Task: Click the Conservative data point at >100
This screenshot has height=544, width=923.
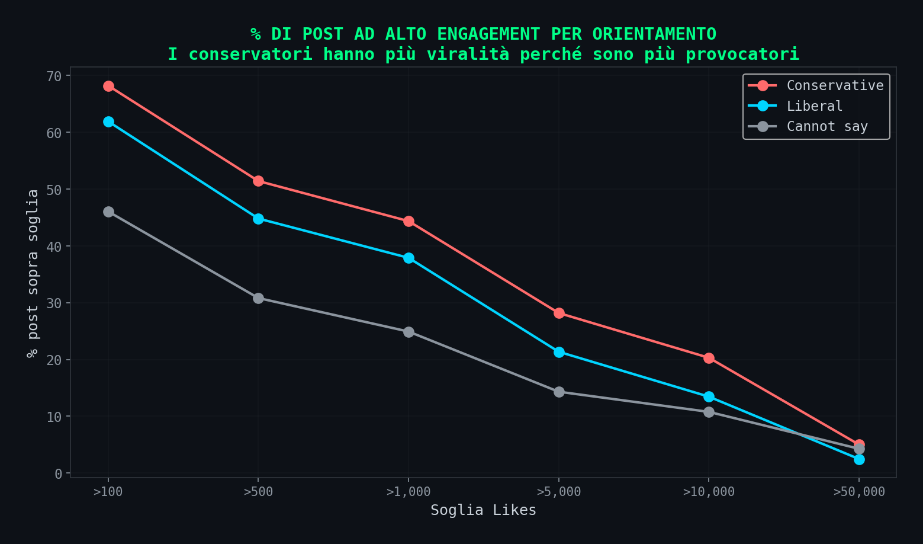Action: click(108, 87)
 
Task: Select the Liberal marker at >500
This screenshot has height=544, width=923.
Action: click(258, 219)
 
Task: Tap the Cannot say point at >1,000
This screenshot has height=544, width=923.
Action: click(409, 332)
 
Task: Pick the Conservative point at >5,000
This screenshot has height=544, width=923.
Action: click(559, 313)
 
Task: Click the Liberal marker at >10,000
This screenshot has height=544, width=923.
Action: click(709, 396)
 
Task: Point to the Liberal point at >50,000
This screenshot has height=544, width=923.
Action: click(859, 459)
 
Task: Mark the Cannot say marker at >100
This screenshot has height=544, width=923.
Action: click(108, 212)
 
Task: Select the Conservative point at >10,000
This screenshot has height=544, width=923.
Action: click(709, 358)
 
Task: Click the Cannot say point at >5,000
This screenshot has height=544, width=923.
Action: click(559, 392)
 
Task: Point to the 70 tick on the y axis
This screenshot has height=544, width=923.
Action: click(54, 76)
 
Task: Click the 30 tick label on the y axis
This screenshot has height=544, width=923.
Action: click(54, 303)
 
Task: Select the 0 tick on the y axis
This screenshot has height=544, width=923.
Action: click(58, 473)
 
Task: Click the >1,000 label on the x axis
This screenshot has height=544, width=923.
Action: click(409, 492)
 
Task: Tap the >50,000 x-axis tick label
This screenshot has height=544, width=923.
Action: click(859, 492)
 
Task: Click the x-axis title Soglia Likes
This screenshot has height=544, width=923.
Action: click(483, 510)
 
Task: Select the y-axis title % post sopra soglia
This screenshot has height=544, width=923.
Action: click(33, 273)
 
